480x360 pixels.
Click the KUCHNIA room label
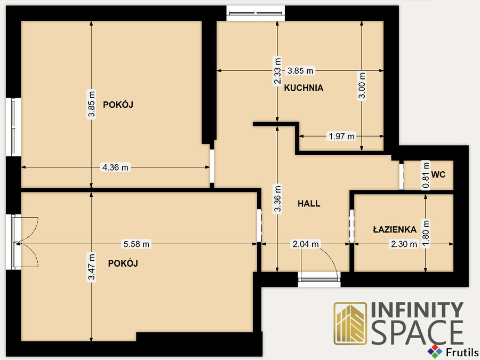[x=303, y=88]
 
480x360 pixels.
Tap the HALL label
[x=309, y=204]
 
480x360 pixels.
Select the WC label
[x=438, y=175]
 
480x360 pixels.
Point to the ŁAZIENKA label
[x=395, y=229]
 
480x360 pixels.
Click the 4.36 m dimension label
[x=115, y=167]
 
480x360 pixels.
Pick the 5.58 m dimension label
[x=136, y=244]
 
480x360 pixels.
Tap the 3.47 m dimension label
[x=91, y=267]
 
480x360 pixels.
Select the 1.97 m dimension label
[x=341, y=136]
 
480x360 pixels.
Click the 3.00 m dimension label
[x=362, y=85]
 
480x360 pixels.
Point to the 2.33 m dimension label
[x=277, y=71]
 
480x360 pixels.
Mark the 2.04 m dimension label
[x=306, y=244]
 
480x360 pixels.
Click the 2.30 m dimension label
[x=404, y=244]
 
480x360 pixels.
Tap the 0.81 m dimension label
[x=426, y=175]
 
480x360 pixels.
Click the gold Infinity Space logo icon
[x=350, y=323]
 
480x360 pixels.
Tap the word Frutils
[x=462, y=353]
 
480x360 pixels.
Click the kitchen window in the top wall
[x=255, y=13]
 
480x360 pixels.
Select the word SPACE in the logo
[x=418, y=333]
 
